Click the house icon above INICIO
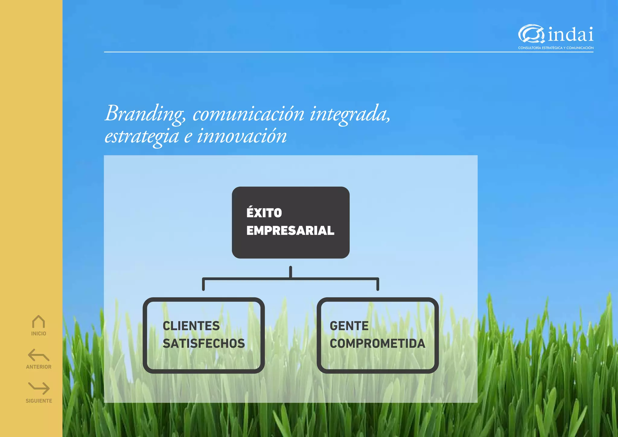click(x=39, y=322)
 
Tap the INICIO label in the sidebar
click(x=39, y=333)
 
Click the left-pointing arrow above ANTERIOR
click(x=39, y=355)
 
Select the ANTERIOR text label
click(x=39, y=367)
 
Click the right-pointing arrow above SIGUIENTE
click(x=39, y=388)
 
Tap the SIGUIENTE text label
click(x=39, y=401)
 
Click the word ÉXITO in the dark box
click(x=264, y=213)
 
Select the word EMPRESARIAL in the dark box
click(x=290, y=231)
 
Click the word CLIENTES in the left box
click(x=191, y=326)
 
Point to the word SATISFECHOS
click(x=204, y=343)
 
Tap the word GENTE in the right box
click(x=349, y=326)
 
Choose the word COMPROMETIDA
click(x=377, y=343)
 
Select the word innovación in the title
click(x=242, y=136)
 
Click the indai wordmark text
click(x=571, y=35)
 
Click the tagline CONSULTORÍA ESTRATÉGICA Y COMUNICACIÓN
click(x=556, y=48)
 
